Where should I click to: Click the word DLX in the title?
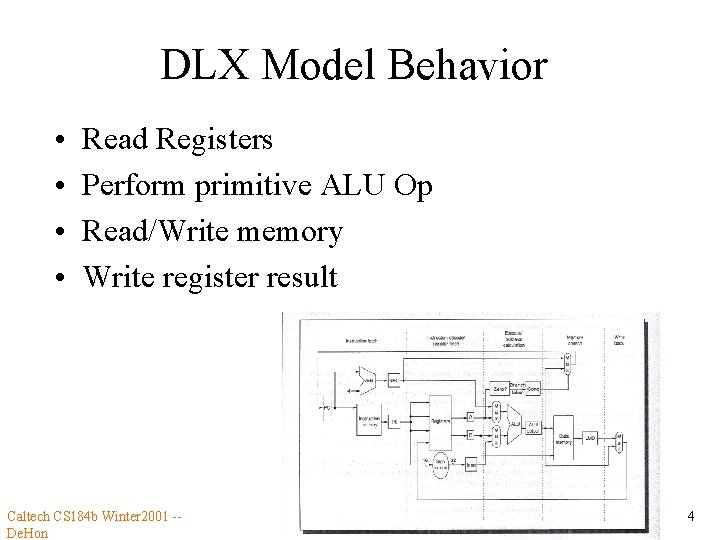[201, 66]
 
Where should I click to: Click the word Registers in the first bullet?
[214, 140]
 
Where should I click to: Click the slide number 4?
[690, 517]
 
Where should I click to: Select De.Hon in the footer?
[27, 533]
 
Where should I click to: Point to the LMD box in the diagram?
[592, 437]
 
